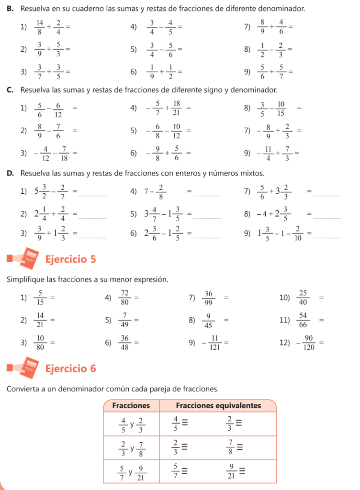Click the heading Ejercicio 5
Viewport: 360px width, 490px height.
(70, 259)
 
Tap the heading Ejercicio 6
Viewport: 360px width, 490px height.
(70, 368)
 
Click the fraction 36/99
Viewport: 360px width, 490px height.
(209, 298)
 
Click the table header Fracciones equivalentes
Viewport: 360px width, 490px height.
(218, 406)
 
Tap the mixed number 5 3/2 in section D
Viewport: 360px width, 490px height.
(42, 192)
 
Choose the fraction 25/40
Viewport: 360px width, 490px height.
(304, 298)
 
